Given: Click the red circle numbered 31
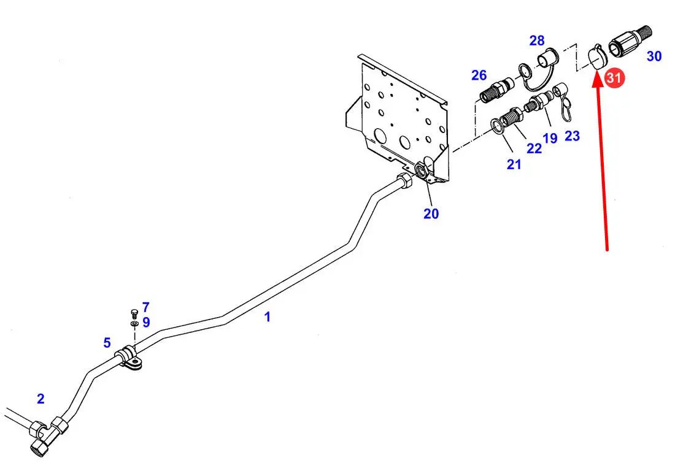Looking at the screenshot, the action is pos(614,78).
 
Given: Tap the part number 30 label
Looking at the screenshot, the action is pos(654,56).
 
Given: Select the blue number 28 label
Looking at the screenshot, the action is pos(537,40).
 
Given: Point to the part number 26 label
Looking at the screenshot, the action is pos(479,75).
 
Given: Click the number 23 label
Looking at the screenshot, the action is pos(572,136).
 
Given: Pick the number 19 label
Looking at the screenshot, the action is pos(550,138).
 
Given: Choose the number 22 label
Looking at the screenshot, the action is pos(534,148).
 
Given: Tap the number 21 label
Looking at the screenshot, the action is pos(514,164).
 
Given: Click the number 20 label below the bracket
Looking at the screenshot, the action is pos(431,214).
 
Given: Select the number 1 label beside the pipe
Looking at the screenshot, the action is pos(268,317).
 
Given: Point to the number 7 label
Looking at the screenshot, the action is pos(146,307).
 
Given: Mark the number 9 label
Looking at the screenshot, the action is pos(147,322).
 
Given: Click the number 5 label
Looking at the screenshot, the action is pos(107,343).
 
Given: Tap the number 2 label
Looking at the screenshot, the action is pos(40,399).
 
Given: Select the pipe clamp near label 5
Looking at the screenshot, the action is pos(129,357).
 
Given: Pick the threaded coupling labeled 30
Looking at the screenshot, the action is pos(630,41).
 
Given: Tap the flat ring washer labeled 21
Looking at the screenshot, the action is pos(498,126).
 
